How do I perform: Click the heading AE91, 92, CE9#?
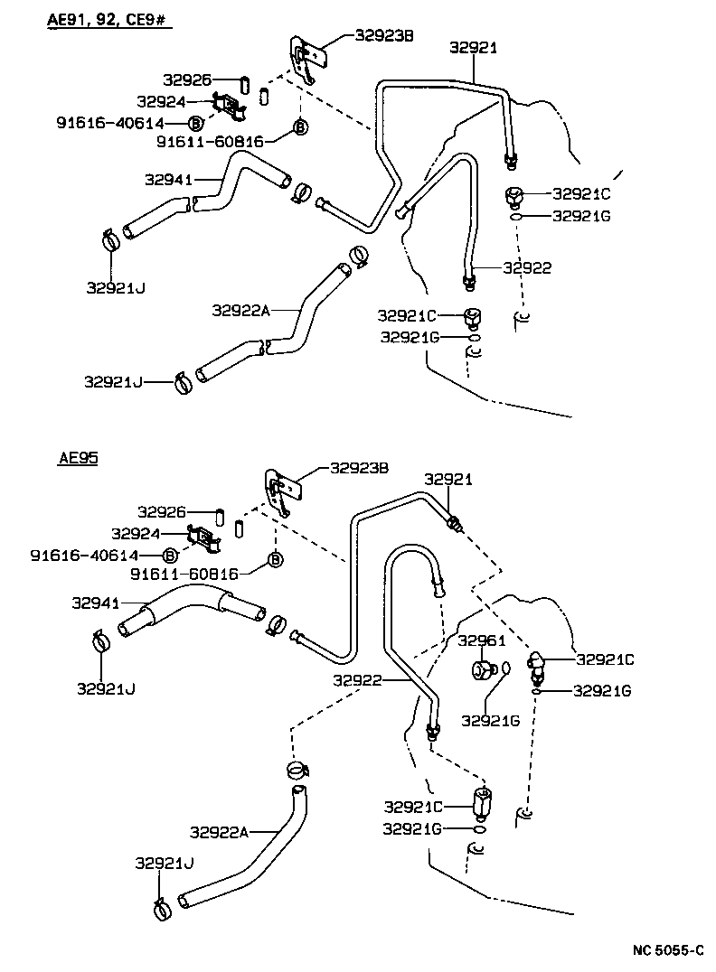pos(108,18)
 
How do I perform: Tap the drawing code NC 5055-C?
pos(666,950)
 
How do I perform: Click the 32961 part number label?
pos(481,640)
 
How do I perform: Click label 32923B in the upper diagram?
pos(383,36)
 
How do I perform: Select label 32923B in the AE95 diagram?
pos(359,468)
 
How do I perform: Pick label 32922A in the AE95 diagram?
pos(219,831)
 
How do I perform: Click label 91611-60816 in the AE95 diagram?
pos(184,574)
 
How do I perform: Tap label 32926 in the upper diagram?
pos(189,80)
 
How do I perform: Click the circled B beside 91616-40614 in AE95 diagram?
pos(171,556)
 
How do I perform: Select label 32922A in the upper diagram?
pos(241,310)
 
